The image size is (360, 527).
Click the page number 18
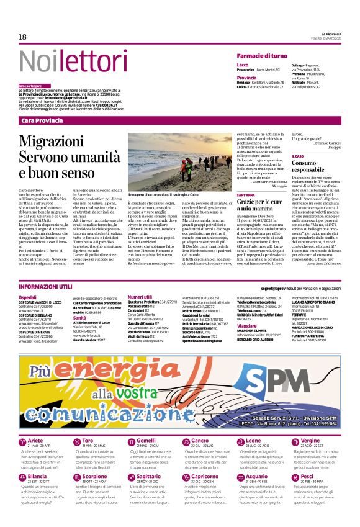coord(22,37)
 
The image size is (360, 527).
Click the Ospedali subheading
coord(27,297)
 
